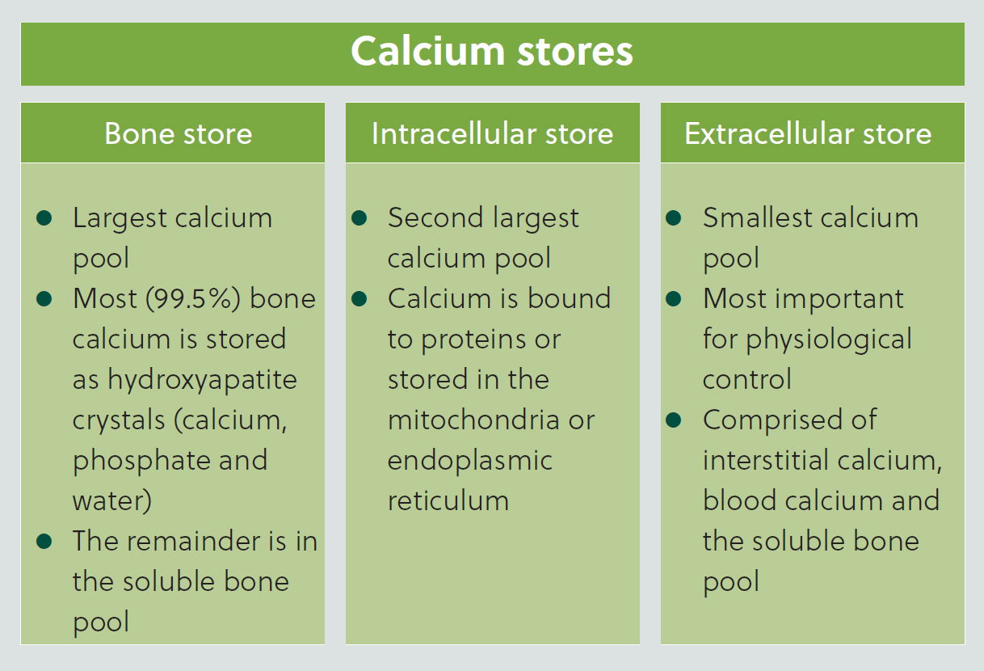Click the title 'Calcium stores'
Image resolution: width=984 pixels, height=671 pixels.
click(491, 51)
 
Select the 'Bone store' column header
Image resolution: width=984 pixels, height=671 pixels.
click(178, 133)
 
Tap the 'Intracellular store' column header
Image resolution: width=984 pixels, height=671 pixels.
click(492, 133)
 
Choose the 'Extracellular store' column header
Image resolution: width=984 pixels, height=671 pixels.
click(808, 133)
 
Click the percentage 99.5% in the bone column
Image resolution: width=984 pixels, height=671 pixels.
click(193, 299)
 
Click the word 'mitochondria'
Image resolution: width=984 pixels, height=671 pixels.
click(473, 420)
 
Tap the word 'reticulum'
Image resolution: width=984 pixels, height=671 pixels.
click(448, 500)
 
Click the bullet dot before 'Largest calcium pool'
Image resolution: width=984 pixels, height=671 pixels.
click(44, 217)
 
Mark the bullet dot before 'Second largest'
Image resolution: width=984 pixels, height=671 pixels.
click(360, 217)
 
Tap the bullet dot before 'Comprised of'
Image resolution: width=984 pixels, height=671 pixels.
click(674, 420)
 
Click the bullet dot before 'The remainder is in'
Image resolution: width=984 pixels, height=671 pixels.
click(44, 541)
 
